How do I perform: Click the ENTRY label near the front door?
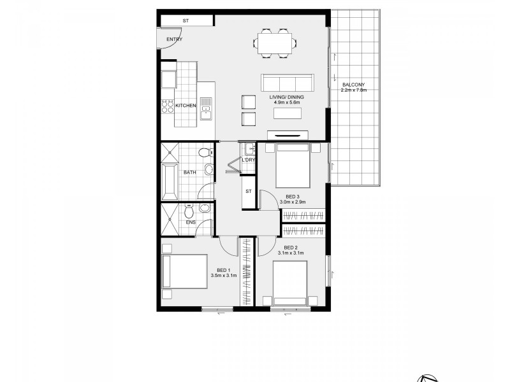click(174, 39)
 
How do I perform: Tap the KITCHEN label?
click(186, 105)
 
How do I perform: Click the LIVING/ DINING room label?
click(286, 97)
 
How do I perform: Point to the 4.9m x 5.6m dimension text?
click(286, 103)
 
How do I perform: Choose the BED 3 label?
click(293, 197)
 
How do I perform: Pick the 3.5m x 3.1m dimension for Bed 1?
click(224, 276)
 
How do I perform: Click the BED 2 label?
click(291, 247)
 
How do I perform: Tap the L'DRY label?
click(248, 160)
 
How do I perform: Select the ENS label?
click(191, 222)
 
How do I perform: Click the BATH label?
click(189, 173)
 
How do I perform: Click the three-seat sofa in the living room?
click(287, 83)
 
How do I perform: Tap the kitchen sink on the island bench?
click(206, 108)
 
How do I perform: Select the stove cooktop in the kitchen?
click(168, 106)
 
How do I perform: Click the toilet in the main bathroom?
click(205, 153)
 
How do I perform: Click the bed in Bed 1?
click(186, 272)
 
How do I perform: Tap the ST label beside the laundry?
click(248, 191)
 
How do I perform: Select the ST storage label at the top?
click(186, 21)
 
